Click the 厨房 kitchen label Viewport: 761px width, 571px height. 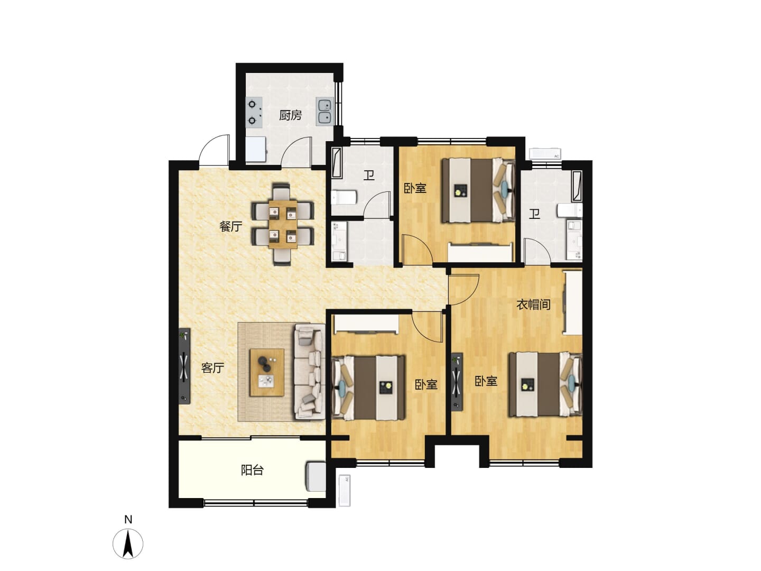pos(290,115)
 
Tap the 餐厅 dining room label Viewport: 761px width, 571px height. pos(230,226)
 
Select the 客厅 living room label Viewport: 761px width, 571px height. pos(212,367)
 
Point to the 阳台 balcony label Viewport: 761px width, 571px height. pos(253,470)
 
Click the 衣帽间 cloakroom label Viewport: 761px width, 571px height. pos(534,305)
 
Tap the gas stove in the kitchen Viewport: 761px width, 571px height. pos(254,113)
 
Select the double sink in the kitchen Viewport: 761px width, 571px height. pos(325,111)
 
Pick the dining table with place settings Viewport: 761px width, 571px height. pos(283,224)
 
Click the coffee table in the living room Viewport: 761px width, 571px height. pos(267,372)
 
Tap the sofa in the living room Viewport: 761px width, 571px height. pos(310,372)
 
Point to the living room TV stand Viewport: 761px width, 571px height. pos(184,366)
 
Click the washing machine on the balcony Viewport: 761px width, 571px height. pos(315,476)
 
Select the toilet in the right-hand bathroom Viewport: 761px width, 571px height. pos(570,210)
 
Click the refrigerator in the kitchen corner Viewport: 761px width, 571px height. pos(256,149)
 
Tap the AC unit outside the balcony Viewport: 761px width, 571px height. pos(345,490)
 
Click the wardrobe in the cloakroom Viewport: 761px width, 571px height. pos(573,302)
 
